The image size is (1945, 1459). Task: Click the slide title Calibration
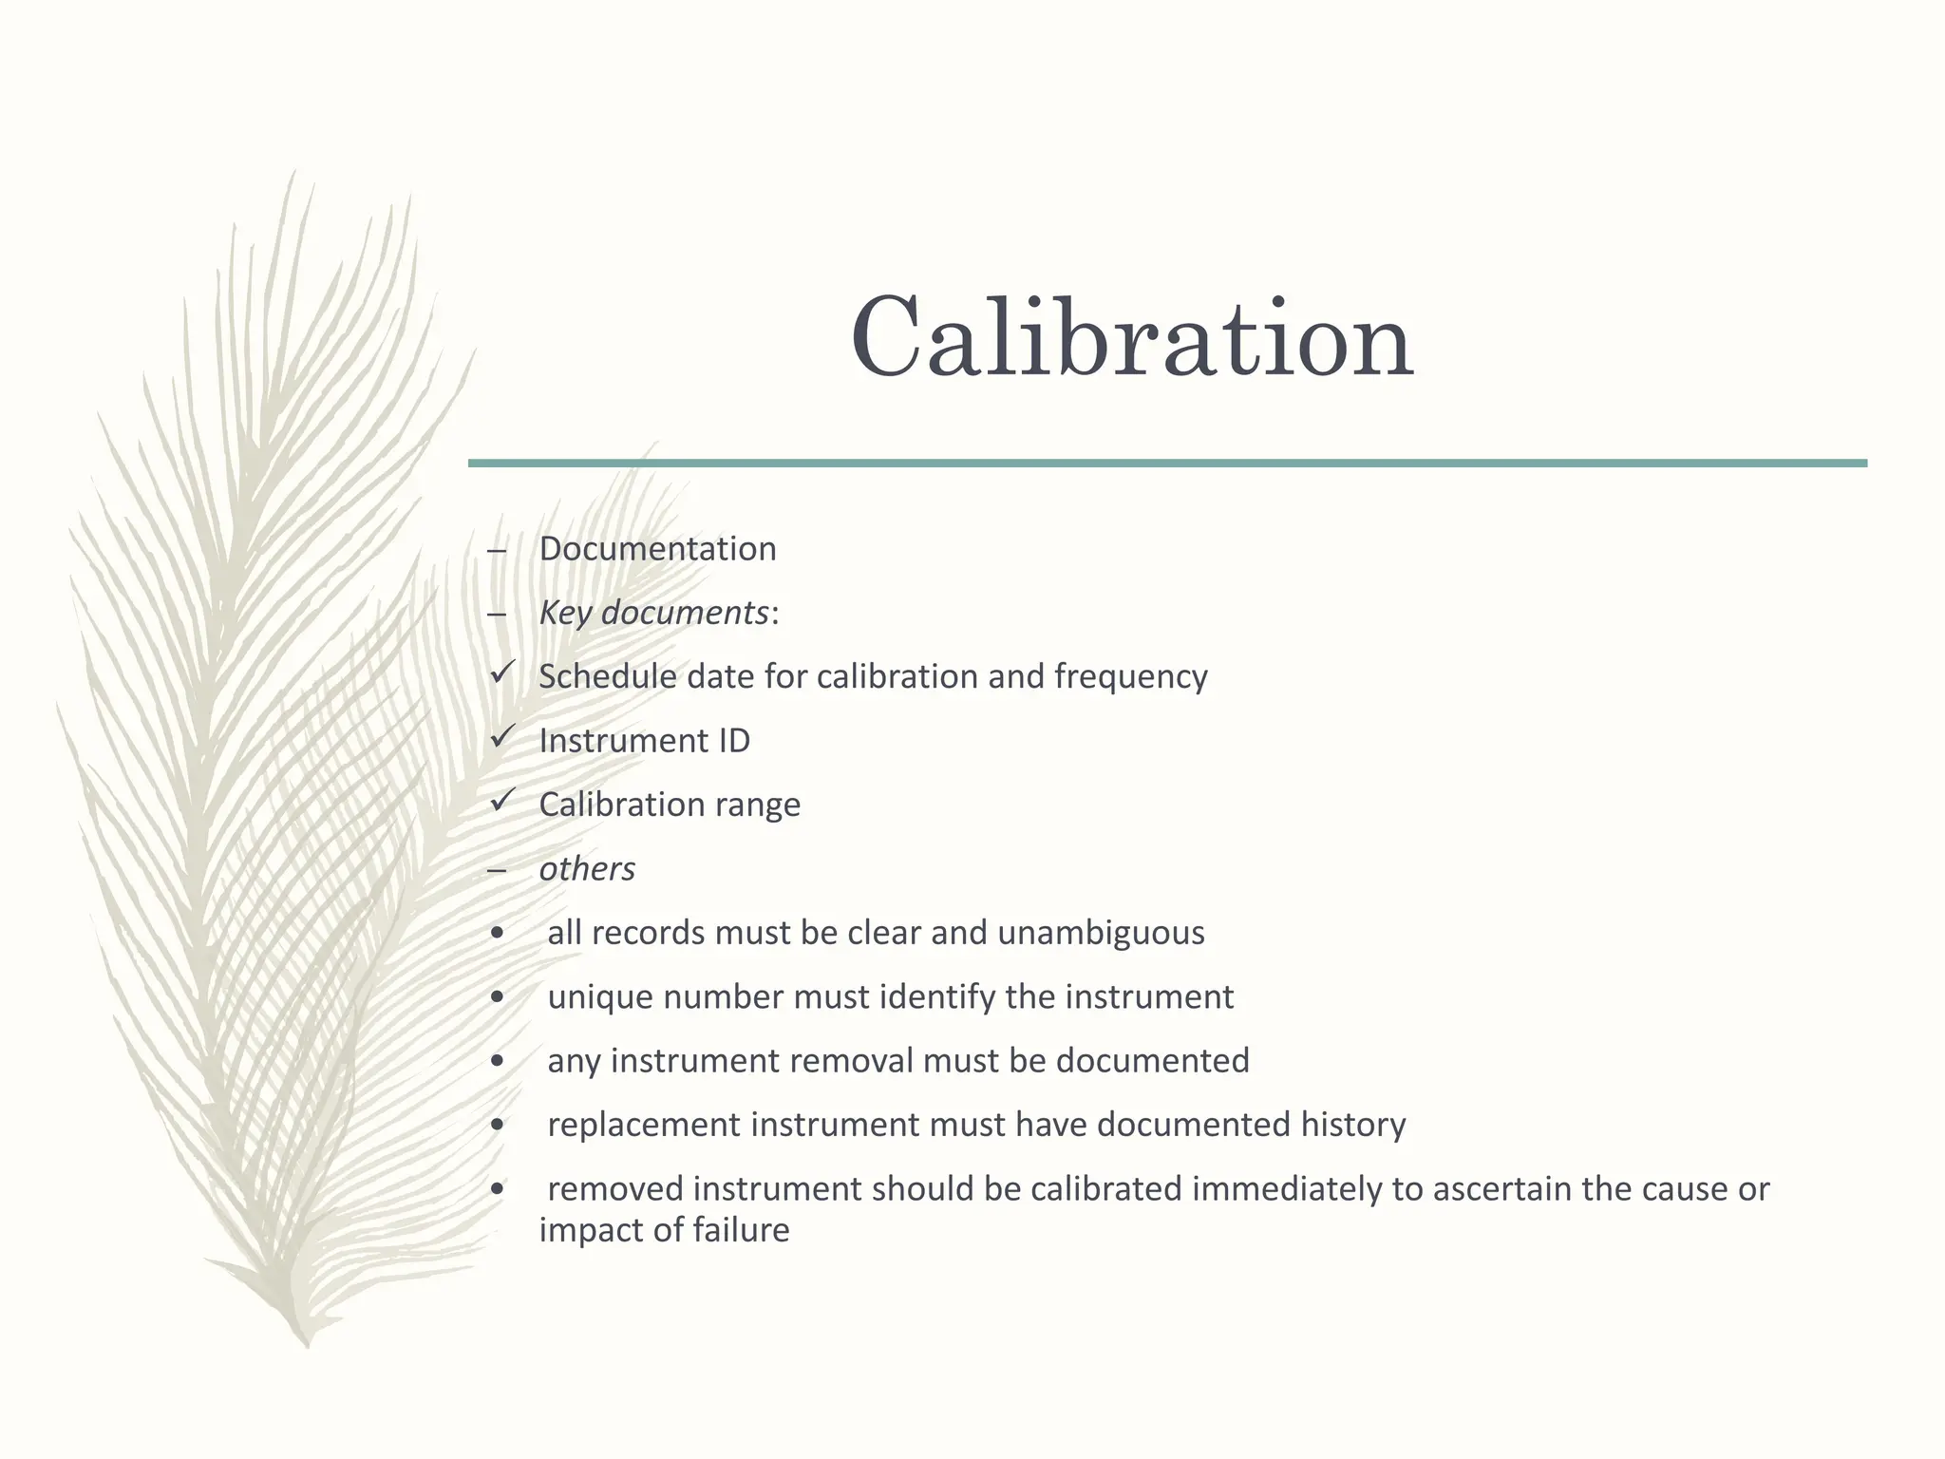click(x=1131, y=339)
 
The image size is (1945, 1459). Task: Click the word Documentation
click(x=657, y=549)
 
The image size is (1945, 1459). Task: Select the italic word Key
click(x=566, y=614)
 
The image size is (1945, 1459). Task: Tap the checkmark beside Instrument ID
click(x=502, y=737)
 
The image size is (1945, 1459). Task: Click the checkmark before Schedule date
click(x=502, y=673)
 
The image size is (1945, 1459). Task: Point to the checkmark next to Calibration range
click(x=502, y=802)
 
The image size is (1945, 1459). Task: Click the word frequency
click(x=1130, y=677)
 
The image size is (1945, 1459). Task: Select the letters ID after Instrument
click(x=733, y=741)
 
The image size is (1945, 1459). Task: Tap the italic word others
click(x=587, y=869)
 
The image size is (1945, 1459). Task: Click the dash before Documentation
click(x=496, y=551)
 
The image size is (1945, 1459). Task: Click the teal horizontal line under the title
click(x=1167, y=464)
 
